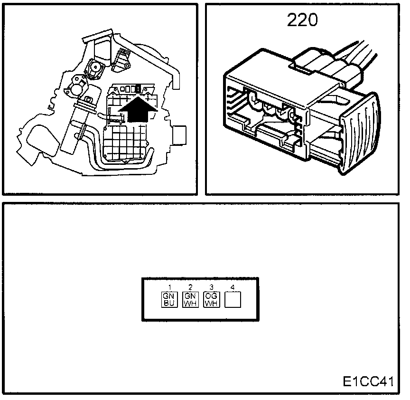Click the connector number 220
point(302,20)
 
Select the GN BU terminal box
point(170,299)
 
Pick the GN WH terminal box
point(190,299)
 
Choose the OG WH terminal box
point(211,299)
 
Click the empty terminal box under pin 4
point(232,299)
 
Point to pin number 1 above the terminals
point(169,287)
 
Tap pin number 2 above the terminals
point(190,287)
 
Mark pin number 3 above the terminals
point(211,287)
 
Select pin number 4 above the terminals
point(232,287)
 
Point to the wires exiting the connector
point(351,57)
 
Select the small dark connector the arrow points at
point(138,89)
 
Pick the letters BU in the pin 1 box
point(170,303)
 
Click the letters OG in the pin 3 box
point(211,296)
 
